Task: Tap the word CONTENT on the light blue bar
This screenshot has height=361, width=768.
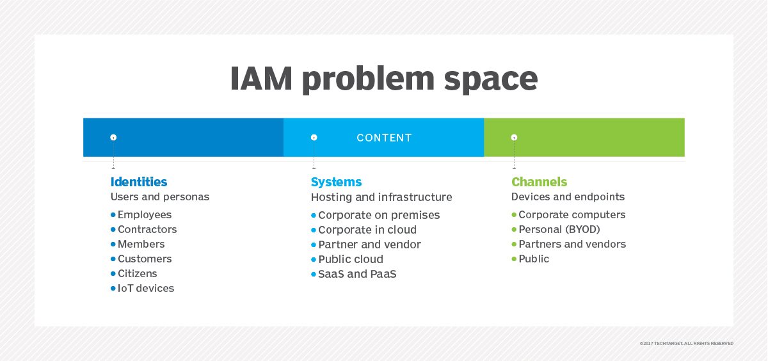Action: point(384,138)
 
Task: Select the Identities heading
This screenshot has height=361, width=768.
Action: point(139,182)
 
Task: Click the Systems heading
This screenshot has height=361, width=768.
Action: point(336,182)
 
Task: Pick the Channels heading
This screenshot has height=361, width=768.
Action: point(539,182)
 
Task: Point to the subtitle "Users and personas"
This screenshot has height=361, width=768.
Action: point(159,197)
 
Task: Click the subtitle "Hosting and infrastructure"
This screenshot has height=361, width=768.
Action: point(381,197)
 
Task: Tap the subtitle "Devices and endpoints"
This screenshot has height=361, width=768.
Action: point(568,197)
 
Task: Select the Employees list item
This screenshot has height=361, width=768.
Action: point(145,215)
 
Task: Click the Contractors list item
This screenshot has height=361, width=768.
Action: point(147,230)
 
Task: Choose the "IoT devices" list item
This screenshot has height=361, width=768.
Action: point(146,289)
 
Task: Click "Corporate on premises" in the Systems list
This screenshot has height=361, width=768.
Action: point(379,215)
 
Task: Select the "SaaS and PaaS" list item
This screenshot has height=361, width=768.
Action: point(358,274)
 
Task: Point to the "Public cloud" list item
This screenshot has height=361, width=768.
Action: point(351,259)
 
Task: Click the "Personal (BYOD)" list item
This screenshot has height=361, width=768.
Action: point(559,230)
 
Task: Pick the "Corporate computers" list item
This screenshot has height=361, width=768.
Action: point(572,215)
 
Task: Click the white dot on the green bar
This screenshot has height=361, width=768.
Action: point(514,138)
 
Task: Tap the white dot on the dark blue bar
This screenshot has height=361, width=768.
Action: point(113,138)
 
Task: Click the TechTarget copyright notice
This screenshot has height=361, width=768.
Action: point(686,344)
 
